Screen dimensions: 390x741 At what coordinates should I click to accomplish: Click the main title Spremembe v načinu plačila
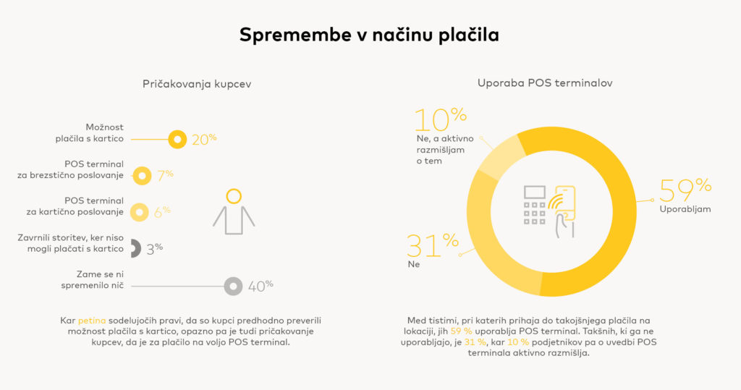coord(369,35)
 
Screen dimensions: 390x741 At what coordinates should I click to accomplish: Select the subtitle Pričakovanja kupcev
coord(197,84)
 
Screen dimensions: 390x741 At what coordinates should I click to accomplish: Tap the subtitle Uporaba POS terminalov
coord(545,83)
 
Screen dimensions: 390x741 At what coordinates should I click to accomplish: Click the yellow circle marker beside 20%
coord(177,139)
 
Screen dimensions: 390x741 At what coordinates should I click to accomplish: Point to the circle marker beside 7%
coord(142,175)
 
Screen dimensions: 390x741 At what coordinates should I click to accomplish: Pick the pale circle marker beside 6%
coord(139,212)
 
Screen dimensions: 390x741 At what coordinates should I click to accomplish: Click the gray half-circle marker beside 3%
coord(135,248)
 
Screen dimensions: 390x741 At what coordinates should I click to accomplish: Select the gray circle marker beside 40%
coord(233,287)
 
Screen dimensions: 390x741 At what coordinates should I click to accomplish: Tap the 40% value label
coord(261,287)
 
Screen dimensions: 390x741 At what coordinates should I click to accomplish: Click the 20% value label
coord(204,139)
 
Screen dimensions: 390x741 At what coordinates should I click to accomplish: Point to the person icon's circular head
coord(233,196)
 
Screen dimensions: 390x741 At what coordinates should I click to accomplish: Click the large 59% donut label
coord(685,190)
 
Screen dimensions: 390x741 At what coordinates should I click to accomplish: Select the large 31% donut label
coord(432,246)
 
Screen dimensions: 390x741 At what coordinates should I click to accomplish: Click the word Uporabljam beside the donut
coord(685,209)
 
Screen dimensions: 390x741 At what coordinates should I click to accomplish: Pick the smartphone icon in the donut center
coord(563,204)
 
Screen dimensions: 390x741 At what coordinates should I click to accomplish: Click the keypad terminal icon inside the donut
coord(535,205)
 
